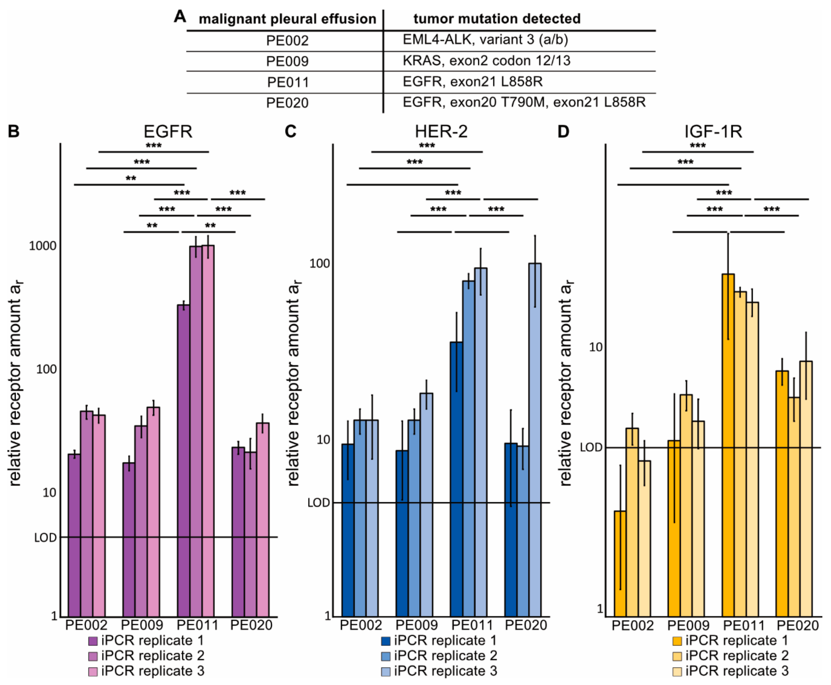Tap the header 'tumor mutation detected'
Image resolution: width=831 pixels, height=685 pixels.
tap(497, 19)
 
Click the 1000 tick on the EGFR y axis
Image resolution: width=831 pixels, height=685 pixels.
tap(43, 246)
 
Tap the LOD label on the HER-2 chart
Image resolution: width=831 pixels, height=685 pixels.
tap(319, 503)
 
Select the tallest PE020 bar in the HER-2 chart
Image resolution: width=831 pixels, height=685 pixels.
tap(535, 439)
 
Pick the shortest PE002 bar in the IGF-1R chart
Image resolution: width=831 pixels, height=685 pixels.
tap(620, 564)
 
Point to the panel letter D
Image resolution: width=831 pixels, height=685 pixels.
tap(563, 131)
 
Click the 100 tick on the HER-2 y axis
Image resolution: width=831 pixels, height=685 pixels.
tap(320, 263)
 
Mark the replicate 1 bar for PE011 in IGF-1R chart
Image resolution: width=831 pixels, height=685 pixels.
tap(728, 445)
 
